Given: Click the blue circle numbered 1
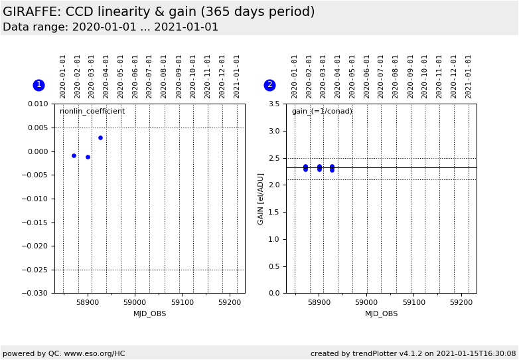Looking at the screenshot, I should (x=38, y=85).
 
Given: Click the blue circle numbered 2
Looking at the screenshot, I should (x=269, y=85).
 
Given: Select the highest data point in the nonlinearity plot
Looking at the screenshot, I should (x=100, y=137).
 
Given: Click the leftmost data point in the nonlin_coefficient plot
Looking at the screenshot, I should (x=74, y=155).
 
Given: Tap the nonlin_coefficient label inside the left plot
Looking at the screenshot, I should (x=92, y=112).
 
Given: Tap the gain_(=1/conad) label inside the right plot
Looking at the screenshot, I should (x=322, y=112).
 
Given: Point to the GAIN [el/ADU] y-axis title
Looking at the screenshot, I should (x=261, y=199).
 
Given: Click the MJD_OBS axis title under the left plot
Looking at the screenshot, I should (x=149, y=314).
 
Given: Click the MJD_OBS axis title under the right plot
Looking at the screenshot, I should (x=381, y=314).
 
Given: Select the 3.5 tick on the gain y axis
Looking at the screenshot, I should (x=275, y=104).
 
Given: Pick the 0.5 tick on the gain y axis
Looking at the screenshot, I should (x=275, y=266).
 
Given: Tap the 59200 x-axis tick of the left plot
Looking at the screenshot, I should (x=230, y=302).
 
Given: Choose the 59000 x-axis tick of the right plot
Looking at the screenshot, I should (x=366, y=302).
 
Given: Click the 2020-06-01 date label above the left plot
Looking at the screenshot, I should (x=135, y=76).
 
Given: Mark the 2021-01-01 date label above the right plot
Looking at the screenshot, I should (x=469, y=76).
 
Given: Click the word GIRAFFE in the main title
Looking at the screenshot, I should (x=32, y=12).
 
